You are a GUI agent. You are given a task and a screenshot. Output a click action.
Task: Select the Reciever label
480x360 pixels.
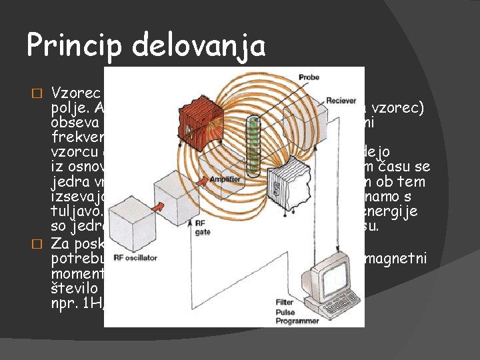[x=341, y=101]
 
